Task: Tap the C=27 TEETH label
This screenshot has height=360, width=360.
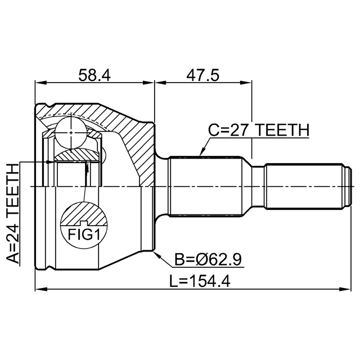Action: tap(259, 131)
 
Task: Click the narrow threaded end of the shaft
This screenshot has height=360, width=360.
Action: tap(304, 186)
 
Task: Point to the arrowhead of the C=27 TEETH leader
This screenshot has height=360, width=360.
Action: tap(201, 154)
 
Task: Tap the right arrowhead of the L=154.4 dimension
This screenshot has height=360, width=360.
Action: tap(350, 290)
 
